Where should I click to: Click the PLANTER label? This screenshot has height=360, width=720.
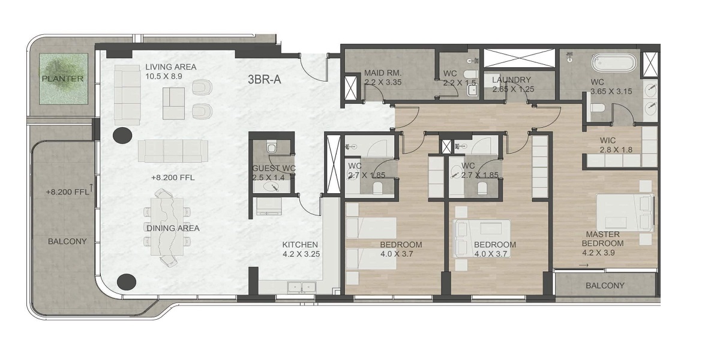tap(62, 79)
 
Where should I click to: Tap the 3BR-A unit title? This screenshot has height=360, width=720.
tap(265, 79)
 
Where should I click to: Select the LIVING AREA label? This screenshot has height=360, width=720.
tap(170, 67)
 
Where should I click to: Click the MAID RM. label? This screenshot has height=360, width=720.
tap(382, 73)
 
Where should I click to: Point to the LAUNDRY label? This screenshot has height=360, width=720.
tap(511, 80)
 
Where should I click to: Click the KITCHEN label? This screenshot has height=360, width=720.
tap(300, 245)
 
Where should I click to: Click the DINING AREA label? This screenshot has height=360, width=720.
tap(173, 228)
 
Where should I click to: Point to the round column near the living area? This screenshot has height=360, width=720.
tap(123, 136)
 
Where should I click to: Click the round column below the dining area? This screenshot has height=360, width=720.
tap(127, 282)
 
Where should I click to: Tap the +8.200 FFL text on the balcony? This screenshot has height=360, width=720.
tap(66, 192)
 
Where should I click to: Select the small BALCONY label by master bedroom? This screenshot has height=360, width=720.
tap(605, 286)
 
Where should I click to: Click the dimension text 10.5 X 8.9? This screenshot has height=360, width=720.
tap(164, 76)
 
